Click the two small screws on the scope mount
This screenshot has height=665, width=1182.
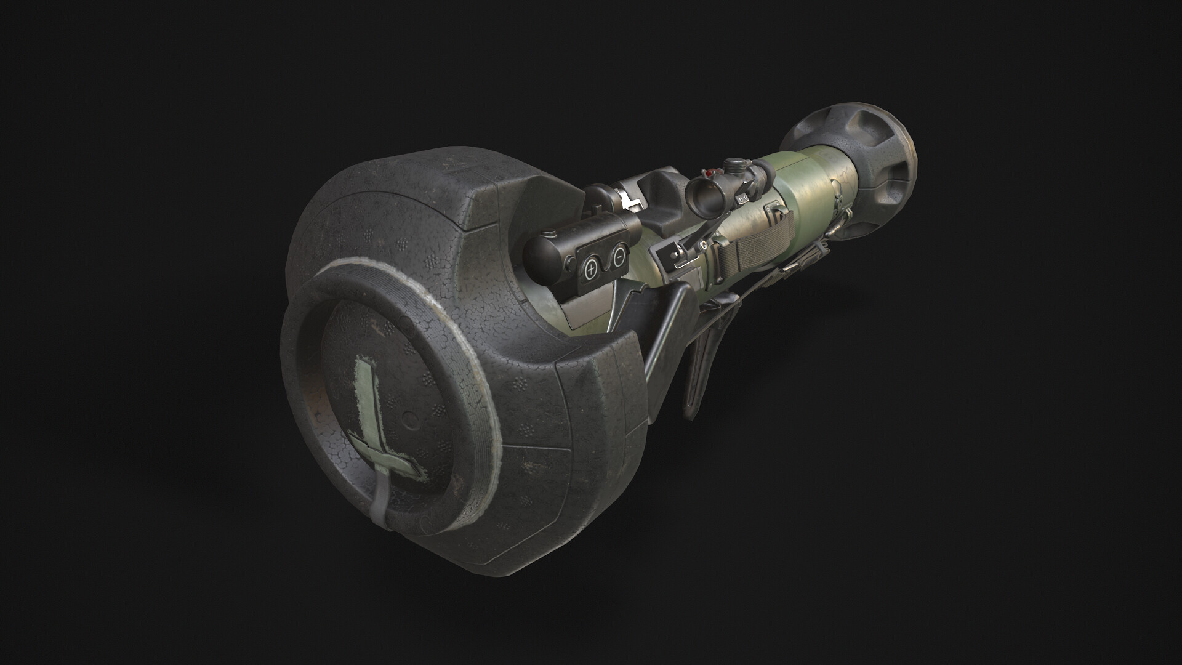point(744,198)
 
